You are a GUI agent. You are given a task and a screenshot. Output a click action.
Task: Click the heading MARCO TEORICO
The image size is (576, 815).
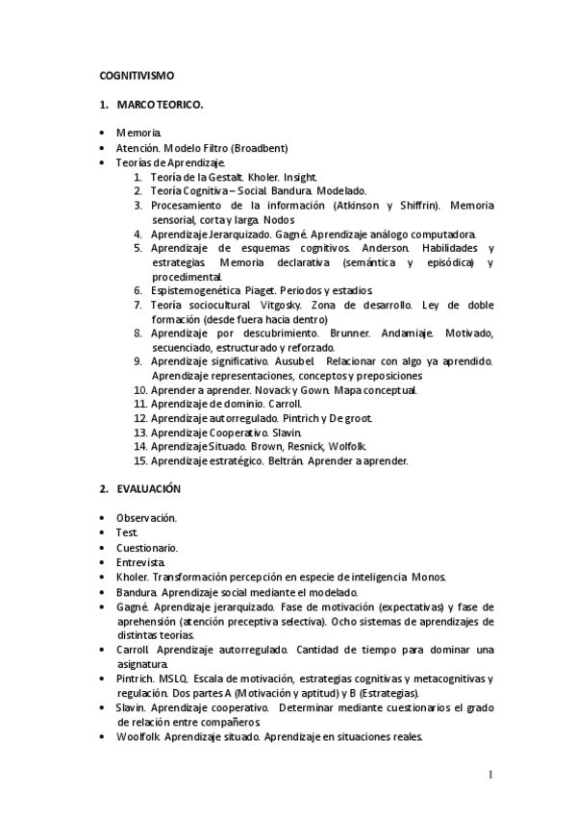160,104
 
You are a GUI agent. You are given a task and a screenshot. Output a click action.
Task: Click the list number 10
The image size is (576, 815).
139,390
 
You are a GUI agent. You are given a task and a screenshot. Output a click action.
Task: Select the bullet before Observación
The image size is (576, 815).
104,518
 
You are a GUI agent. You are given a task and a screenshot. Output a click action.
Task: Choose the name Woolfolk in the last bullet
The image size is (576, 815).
137,737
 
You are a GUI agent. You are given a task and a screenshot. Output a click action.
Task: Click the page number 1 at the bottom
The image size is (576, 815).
489,775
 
